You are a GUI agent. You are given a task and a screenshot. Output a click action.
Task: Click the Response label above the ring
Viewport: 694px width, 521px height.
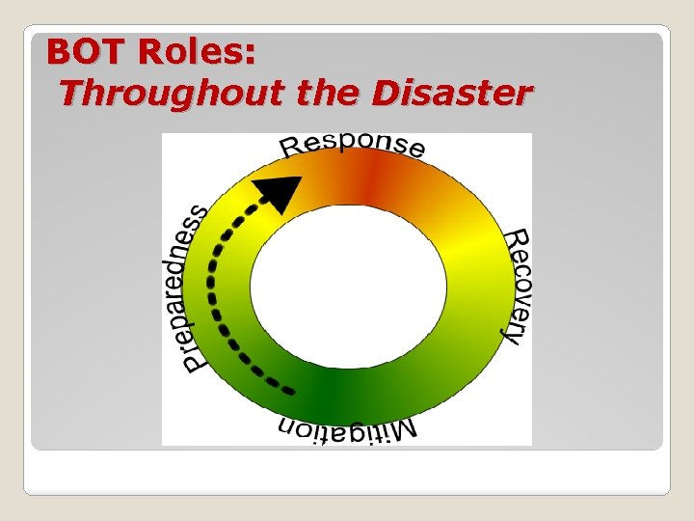[x=352, y=145]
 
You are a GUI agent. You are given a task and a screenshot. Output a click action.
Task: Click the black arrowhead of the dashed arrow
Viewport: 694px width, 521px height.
[x=280, y=193]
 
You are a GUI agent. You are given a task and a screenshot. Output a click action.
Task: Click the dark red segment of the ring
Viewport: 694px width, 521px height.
[x=372, y=178]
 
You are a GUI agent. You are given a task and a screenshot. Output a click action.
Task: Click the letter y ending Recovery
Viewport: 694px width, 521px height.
[x=512, y=333]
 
